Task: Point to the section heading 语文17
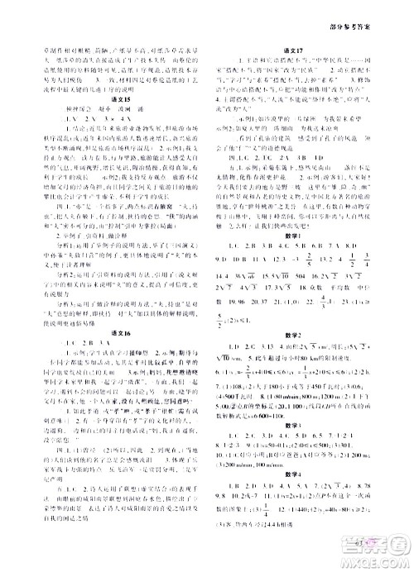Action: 309,49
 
